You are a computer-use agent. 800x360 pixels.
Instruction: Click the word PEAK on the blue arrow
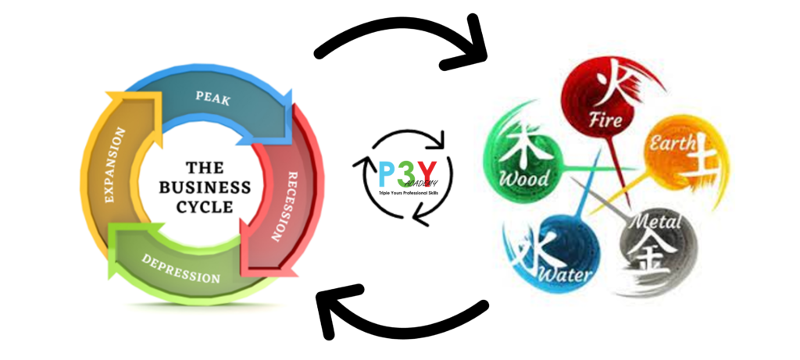[x=212, y=98]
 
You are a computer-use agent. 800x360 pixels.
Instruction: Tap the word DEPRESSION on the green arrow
[x=180, y=269]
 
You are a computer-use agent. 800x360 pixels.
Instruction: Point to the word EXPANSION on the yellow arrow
[x=116, y=165]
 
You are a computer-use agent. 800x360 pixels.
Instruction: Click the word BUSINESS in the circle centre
[x=205, y=187]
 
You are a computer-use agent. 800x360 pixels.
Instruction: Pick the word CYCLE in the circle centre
[x=205, y=207]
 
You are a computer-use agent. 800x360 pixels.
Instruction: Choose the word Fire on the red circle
[x=605, y=119]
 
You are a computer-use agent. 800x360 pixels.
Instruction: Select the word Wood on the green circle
[x=524, y=178]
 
